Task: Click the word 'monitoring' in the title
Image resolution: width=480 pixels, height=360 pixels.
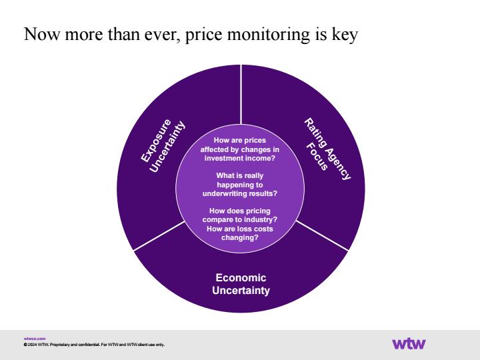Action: (269, 34)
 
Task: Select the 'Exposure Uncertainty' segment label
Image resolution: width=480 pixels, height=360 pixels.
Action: (163, 146)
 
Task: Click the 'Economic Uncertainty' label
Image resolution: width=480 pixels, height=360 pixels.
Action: (241, 284)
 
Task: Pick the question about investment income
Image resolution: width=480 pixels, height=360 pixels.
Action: (240, 149)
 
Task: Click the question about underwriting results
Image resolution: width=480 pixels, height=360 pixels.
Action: (240, 185)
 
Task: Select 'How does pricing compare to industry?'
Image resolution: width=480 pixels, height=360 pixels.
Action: (240, 215)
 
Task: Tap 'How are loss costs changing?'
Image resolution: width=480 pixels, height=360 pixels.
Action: (240, 233)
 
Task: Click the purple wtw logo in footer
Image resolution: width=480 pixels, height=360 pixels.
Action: (409, 343)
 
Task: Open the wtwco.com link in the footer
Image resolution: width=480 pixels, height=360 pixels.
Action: (35, 339)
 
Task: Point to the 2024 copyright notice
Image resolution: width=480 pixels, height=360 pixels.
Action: (94, 345)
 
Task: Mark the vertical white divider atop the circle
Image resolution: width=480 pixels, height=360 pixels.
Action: (241, 94)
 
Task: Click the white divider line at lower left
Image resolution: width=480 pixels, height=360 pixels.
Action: (159, 236)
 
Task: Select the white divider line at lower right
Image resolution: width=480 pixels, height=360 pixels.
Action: (323, 236)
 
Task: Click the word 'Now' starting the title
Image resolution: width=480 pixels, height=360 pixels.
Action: (41, 34)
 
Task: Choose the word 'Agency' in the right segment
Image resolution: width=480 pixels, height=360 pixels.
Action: (337, 158)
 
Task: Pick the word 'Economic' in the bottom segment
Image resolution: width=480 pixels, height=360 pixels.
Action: (241, 277)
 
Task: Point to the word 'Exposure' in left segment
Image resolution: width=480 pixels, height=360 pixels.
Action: (156, 140)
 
